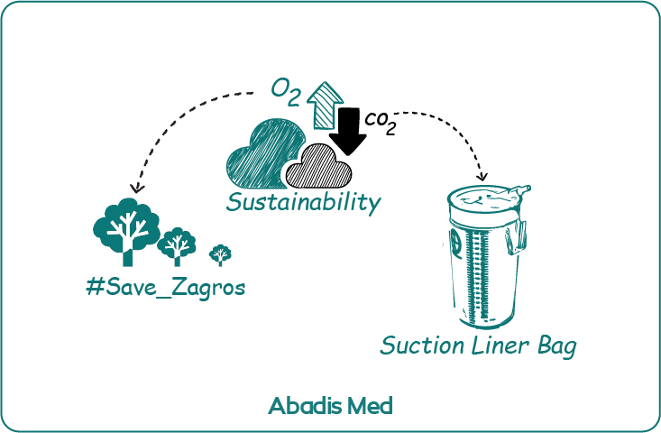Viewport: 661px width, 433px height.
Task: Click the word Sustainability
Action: [x=302, y=201]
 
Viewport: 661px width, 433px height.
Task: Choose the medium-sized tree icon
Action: [x=177, y=244]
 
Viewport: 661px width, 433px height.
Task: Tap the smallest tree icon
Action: [x=220, y=254]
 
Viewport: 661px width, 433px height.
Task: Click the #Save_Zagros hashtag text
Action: [x=165, y=290]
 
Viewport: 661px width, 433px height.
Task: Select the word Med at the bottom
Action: [x=370, y=406]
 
